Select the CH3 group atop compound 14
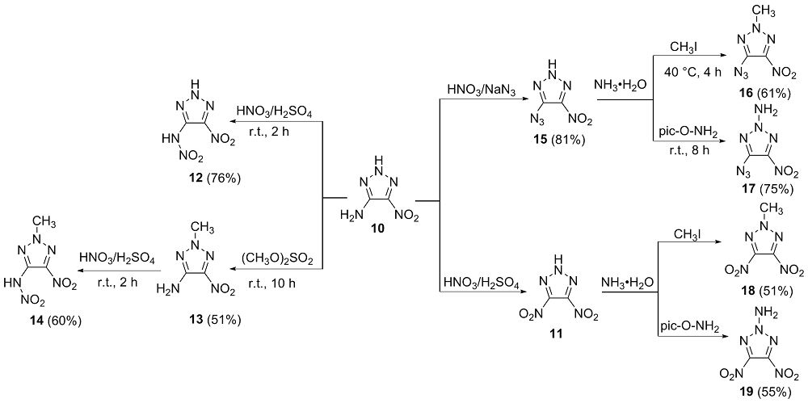click(46, 221)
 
